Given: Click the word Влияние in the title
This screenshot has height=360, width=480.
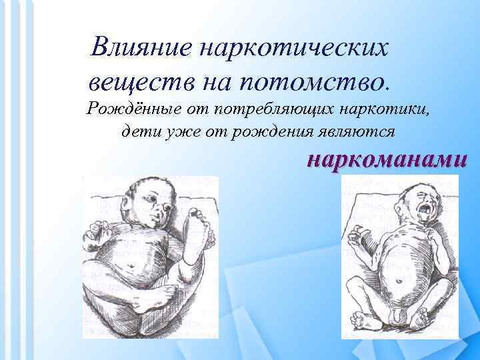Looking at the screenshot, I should coord(137,47).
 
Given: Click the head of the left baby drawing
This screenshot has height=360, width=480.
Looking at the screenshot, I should coord(150,200).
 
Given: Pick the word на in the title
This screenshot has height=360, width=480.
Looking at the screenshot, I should coord(203,83).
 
